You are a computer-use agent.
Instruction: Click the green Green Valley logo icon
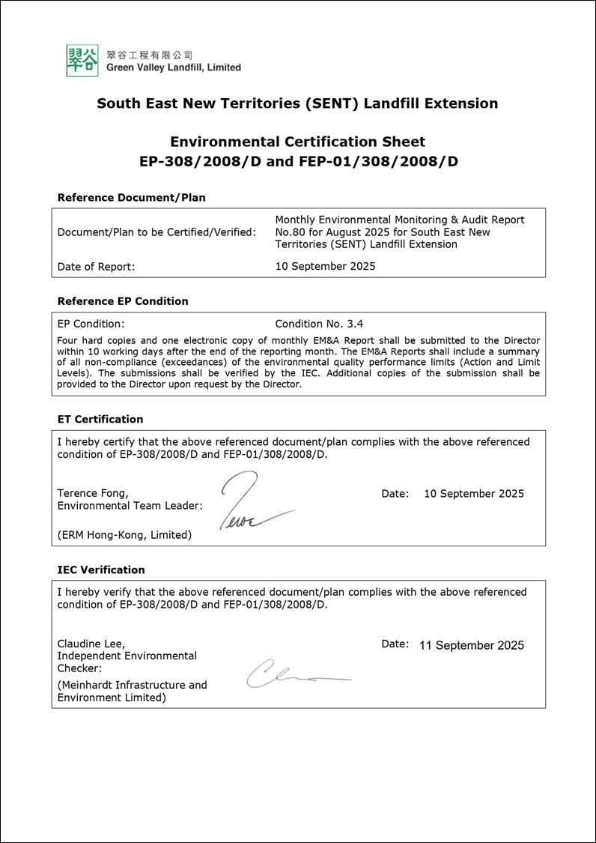82,60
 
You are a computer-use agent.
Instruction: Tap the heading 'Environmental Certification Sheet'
297,142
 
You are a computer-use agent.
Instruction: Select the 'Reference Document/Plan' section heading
131,198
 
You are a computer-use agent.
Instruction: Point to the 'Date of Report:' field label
96,266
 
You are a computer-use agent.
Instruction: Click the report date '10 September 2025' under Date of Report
325,266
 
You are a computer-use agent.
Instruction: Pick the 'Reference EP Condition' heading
122,301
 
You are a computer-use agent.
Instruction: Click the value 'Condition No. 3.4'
319,324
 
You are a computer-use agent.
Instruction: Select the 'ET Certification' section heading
100,419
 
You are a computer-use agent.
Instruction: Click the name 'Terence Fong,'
93,493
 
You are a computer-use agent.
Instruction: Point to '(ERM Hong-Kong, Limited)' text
124,534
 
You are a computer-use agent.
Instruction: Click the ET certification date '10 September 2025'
473,493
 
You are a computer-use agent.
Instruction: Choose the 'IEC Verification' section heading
101,569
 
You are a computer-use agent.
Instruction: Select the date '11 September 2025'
472,645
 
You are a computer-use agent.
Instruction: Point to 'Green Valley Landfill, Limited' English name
173,67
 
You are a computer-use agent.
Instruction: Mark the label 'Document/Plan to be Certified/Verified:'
156,232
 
